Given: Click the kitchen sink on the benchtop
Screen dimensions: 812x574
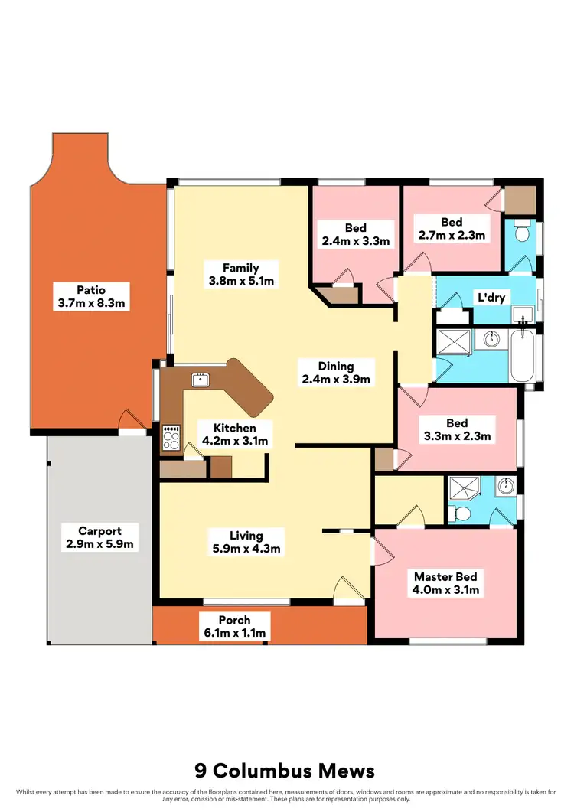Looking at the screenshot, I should pos(202,379).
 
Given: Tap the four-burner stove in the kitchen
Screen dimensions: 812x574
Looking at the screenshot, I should pos(171,438).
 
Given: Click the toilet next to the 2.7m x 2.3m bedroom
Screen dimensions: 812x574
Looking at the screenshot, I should pos(521,230).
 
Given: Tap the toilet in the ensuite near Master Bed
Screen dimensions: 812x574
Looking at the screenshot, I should pos(463,513).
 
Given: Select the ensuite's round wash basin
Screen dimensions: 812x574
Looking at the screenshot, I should pos(504,485).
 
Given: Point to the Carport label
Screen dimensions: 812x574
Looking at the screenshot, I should pos(99,537).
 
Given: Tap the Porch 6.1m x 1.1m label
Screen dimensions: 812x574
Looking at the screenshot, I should pos(234,626).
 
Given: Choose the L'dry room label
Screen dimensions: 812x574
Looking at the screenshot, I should pos(491,297).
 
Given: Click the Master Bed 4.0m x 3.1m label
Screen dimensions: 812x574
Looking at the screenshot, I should pos(446,583).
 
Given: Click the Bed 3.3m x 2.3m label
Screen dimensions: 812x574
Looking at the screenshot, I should pos(457,429).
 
